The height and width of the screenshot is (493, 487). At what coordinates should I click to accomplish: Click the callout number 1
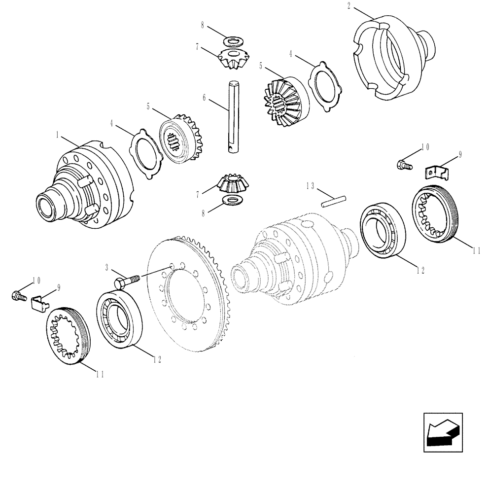[x=58, y=134]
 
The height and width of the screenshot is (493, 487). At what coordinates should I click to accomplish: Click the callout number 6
[x=204, y=98]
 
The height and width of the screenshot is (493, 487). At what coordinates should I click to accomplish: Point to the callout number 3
[x=107, y=267]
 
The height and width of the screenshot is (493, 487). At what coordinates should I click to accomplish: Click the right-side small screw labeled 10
[x=403, y=165]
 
